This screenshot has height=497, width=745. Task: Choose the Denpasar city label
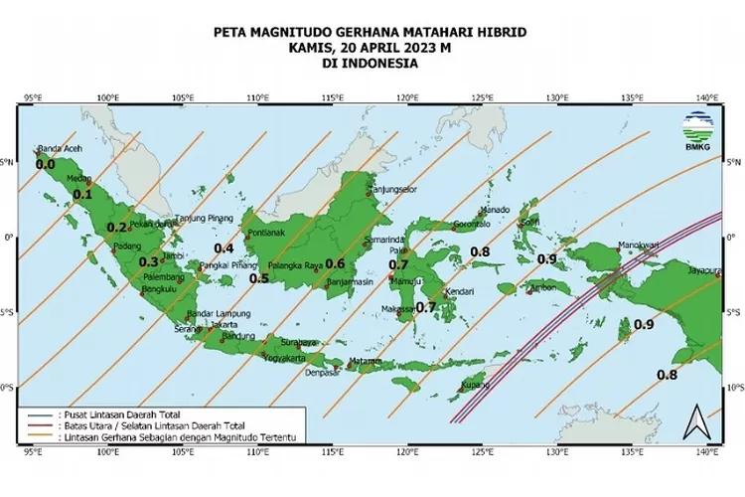[322, 373]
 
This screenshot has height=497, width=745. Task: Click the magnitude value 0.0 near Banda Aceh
[45, 164]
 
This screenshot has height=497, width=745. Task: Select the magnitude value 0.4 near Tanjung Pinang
[223, 248]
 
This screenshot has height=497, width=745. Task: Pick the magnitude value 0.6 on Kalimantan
[335, 264]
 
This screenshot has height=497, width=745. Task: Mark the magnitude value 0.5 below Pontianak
[259, 279]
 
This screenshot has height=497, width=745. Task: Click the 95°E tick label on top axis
[32, 98]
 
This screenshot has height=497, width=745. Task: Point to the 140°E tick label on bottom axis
[707, 452]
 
